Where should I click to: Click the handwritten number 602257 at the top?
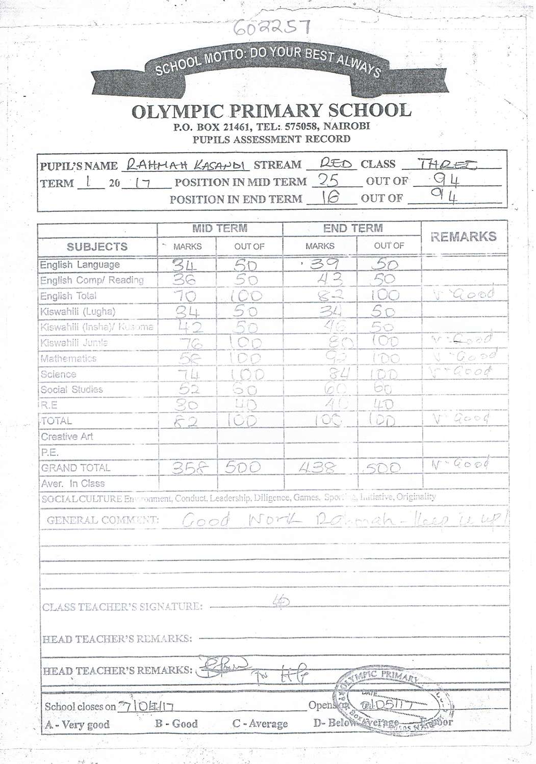coord(271,28)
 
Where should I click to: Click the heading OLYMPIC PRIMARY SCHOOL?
coord(271,111)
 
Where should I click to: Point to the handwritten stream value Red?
coord(336,163)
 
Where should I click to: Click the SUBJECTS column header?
coord(97,247)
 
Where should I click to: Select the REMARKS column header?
coord(463,236)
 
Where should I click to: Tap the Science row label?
coord(58,374)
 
